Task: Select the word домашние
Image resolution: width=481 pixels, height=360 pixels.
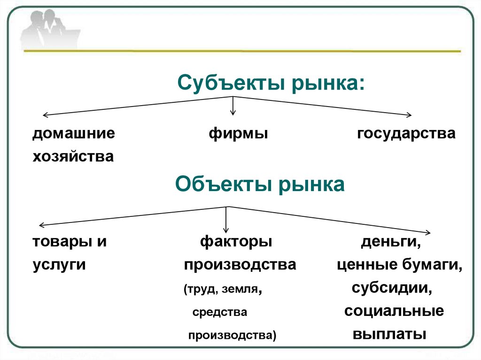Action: [74, 134]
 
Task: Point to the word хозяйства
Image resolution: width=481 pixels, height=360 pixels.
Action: [73, 156]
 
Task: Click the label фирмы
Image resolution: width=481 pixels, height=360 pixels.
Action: [238, 134]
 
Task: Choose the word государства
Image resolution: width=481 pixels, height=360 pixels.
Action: [406, 134]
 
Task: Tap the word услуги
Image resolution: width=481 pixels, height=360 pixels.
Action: [59, 265]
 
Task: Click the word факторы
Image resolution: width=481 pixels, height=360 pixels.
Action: [236, 242]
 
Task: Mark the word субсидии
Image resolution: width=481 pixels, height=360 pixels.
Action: [392, 287]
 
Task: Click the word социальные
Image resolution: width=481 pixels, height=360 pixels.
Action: [394, 311]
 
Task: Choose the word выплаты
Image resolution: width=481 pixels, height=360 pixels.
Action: [389, 334]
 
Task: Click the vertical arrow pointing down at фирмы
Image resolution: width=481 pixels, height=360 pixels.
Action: [233, 106]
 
